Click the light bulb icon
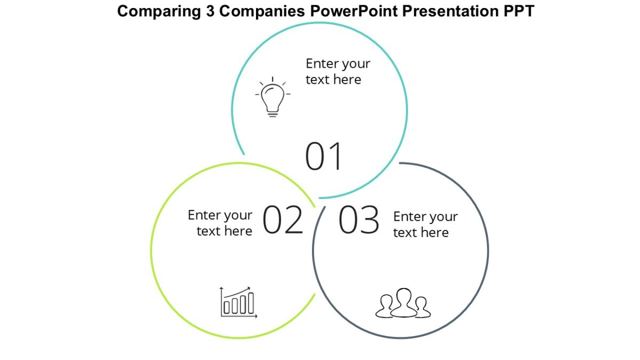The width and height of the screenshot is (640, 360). pos(273,97)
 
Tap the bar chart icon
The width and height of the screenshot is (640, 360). pos(238,302)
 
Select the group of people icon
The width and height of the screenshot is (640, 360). pos(403,304)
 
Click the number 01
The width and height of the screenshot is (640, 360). pos(323,156)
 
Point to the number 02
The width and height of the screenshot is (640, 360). pos(283,220)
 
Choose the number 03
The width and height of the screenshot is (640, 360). pos(359,220)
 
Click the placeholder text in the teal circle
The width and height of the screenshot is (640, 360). pos(337,71)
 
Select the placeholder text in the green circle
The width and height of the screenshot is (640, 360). pos(220,223)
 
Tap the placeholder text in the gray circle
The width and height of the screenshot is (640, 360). pos(425,225)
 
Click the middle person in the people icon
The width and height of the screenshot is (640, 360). pos(404,302)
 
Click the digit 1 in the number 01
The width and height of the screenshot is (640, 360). pos(334,156)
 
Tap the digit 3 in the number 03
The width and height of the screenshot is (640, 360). pos(370,220)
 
